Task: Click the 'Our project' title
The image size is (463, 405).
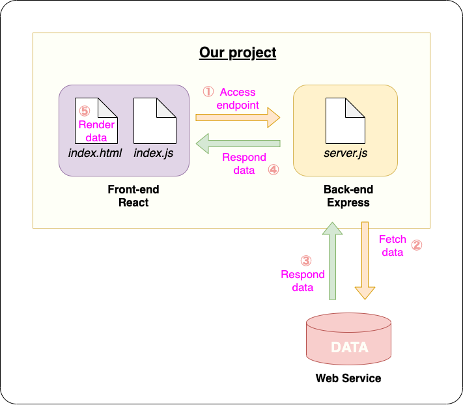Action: (x=238, y=53)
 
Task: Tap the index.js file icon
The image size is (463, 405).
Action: (x=154, y=120)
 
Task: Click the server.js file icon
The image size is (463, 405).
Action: (x=345, y=120)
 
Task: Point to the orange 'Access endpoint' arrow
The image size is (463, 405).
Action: (x=238, y=118)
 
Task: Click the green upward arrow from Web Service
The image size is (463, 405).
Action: (x=332, y=260)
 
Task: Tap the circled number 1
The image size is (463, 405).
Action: (x=208, y=92)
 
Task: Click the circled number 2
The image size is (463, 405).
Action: (x=417, y=245)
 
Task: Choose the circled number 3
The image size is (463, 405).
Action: (x=305, y=260)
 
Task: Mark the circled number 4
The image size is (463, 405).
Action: (x=274, y=170)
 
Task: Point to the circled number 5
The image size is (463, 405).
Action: (x=83, y=112)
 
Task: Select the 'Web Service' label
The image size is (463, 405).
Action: (x=348, y=378)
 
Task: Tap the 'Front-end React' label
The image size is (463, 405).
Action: (x=133, y=196)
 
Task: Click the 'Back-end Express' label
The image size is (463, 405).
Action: (x=348, y=196)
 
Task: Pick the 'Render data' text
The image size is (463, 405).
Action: (x=96, y=131)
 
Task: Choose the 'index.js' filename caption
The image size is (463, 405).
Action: (x=154, y=153)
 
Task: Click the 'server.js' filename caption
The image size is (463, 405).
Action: (x=346, y=153)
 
